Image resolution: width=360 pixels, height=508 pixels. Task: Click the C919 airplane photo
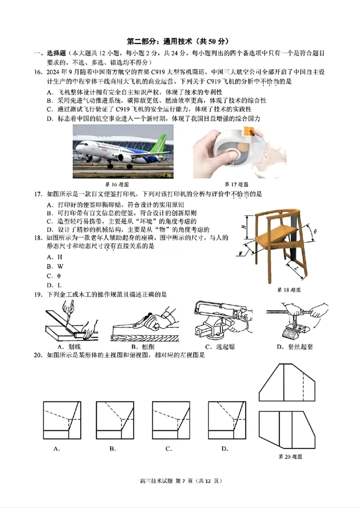click(x=123, y=152)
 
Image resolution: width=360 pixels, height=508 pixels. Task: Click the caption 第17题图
click(x=236, y=184)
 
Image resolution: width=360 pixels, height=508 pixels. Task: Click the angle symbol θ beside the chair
click(x=315, y=232)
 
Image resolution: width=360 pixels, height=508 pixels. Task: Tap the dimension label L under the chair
click(x=298, y=269)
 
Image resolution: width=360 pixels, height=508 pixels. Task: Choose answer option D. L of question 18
click(x=54, y=285)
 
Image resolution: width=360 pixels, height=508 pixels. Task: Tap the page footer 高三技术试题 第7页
click(x=180, y=481)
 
